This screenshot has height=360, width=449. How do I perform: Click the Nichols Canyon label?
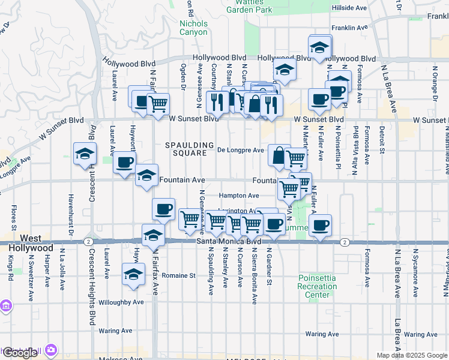193,28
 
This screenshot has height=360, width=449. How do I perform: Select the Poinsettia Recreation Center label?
317,286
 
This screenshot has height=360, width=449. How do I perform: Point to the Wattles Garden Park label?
249,6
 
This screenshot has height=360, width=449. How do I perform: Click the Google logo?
19,353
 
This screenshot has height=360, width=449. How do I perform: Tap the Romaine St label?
181,275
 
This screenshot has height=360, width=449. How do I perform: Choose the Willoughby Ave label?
121,302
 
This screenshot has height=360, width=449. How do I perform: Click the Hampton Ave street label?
238,196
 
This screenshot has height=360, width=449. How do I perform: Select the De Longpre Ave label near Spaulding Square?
240,150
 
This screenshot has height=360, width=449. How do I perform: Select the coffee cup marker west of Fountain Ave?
125,161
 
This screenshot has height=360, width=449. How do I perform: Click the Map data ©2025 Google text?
411,355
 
